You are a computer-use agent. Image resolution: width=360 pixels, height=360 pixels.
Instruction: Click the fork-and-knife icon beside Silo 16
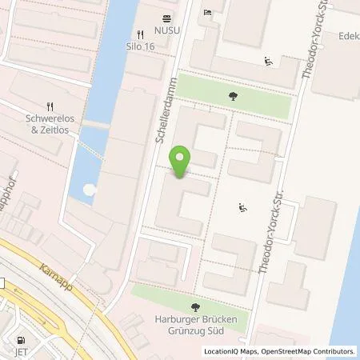coord(140,34)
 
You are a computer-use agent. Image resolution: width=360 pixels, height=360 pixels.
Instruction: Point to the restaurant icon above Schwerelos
coord(50,106)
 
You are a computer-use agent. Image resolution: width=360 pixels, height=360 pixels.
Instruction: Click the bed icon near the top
coord(207,14)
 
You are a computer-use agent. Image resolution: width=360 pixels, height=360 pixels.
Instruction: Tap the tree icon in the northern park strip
coord(232,96)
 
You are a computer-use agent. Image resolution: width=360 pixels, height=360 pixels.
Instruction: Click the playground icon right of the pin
coord(242,209)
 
